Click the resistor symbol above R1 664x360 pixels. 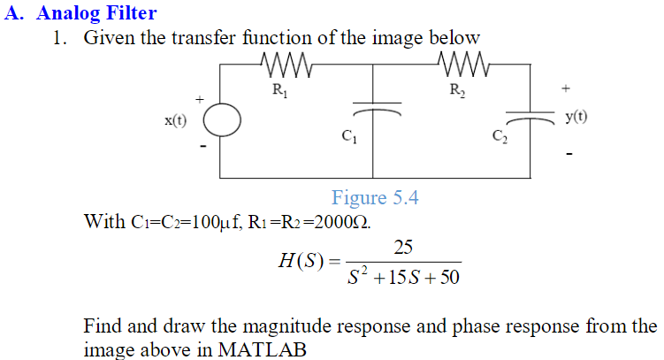284,64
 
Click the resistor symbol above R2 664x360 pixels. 461,64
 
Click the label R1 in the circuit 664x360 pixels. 279,88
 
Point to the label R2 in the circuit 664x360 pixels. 457,89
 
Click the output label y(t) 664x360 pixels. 576,116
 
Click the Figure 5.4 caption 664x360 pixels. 375,197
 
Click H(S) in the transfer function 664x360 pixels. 302,262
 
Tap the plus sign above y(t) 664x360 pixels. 566,88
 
